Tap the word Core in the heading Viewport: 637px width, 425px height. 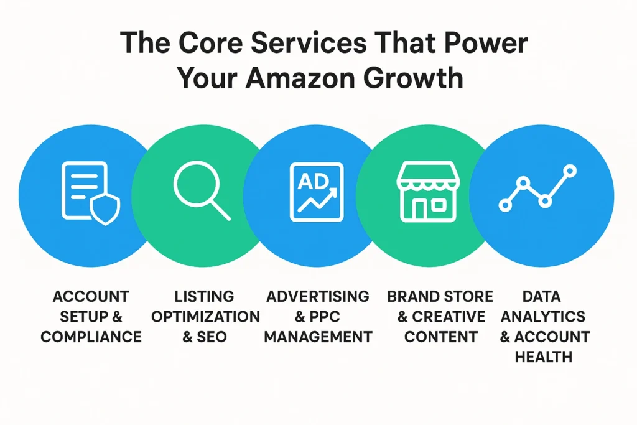(x=210, y=42)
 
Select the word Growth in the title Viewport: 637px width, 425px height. (x=413, y=77)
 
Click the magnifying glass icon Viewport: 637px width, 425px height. (x=202, y=190)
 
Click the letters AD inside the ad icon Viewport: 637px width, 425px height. (x=313, y=182)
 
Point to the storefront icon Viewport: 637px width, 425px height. (x=428, y=192)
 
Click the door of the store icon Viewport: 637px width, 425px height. (x=420, y=208)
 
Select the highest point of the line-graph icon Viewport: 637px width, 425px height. (x=570, y=170)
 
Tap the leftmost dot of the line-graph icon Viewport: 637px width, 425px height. (x=505, y=205)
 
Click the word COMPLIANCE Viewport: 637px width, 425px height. (x=91, y=337)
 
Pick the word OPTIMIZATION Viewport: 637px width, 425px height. (x=205, y=317)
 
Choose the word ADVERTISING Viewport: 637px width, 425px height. (x=318, y=297)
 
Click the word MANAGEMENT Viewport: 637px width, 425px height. (x=318, y=337)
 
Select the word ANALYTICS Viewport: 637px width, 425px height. (x=542, y=317)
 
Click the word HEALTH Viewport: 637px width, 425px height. (x=544, y=357)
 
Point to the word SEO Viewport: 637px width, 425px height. (x=212, y=337)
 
